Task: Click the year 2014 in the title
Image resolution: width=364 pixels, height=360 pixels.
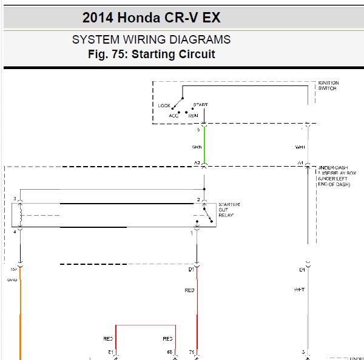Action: coord(97,16)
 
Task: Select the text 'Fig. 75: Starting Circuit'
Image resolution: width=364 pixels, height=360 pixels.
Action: coord(151,55)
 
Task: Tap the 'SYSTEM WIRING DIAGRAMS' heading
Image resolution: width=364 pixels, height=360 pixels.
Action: coord(151,40)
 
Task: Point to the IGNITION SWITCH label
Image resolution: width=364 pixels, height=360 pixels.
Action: coord(328,85)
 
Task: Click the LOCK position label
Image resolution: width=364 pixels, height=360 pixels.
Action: coord(164,106)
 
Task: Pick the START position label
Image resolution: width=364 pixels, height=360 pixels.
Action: coord(200,105)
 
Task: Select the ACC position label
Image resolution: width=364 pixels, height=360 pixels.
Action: coord(174,115)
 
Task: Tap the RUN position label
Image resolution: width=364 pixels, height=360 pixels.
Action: coord(193,115)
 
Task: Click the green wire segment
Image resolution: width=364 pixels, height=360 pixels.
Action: coord(204,145)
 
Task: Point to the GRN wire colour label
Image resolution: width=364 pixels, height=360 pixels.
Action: coord(198,147)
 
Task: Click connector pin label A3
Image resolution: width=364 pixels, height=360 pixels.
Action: coord(197,162)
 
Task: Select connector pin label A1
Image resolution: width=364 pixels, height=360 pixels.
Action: coord(300,162)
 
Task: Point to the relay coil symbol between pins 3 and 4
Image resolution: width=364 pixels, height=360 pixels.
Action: coord(20,215)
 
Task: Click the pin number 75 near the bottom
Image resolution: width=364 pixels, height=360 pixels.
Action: coord(192,352)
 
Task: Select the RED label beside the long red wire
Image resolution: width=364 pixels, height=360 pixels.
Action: coord(189,291)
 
